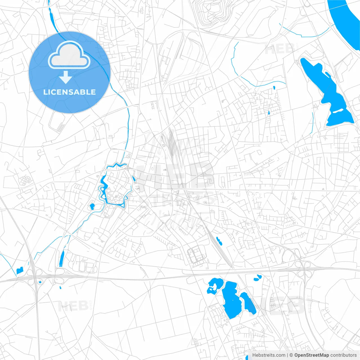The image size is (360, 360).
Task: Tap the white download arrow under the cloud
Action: point(66,77)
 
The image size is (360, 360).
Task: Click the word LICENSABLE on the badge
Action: point(69,92)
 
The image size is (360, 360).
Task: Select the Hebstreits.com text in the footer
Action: point(269,355)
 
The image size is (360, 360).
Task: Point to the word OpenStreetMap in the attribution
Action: point(311,355)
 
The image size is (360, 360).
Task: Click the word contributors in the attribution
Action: point(343,355)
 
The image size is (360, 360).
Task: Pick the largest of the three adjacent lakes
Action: point(231,300)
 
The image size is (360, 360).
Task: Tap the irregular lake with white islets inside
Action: point(214,285)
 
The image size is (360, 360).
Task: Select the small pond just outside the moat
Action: point(92,206)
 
